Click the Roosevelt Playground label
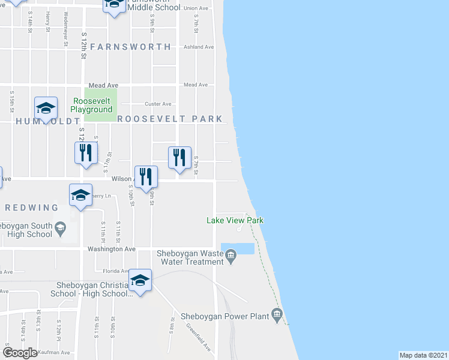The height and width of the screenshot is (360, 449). (91, 106)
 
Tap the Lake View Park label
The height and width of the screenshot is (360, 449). (235, 220)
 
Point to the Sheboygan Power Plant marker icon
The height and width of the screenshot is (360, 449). (276, 314)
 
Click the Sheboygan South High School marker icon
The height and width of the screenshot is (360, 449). (60, 227)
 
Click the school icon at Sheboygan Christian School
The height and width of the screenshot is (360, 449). (140, 280)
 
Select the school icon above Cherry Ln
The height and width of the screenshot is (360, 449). (80, 195)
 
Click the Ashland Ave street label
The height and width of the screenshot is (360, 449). (199, 47)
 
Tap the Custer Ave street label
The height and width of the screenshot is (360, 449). (158, 104)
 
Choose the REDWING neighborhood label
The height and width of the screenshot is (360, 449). (31, 208)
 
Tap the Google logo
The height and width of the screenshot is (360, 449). (20, 353)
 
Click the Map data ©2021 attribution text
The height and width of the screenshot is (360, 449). (423, 355)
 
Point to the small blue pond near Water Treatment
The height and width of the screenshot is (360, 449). (238, 248)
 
